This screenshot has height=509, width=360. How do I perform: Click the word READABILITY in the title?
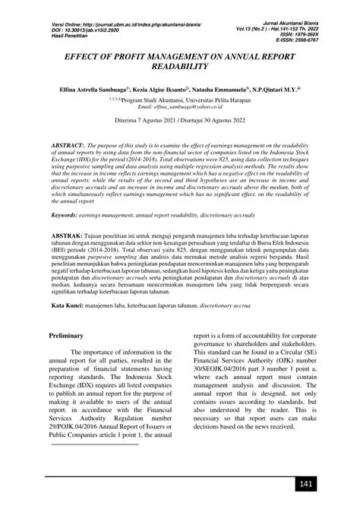tap(180, 68)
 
